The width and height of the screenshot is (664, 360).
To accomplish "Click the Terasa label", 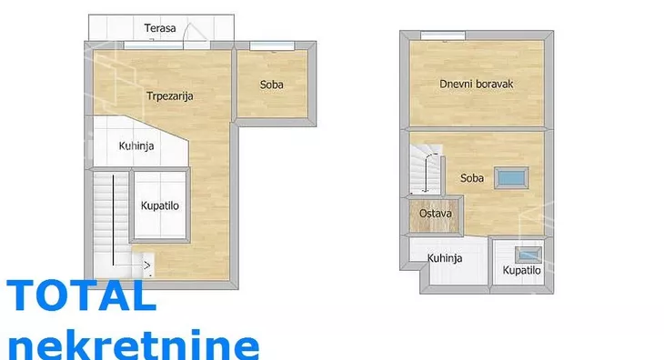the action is pyautogui.click(x=160, y=28).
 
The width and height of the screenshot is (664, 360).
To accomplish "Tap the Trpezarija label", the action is pyautogui.click(x=170, y=96).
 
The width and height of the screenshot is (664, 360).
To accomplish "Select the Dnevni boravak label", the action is pyautogui.click(x=476, y=84).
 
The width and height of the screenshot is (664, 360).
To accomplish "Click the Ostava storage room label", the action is pyautogui.click(x=436, y=214).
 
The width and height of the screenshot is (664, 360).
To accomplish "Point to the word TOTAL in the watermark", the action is pyautogui.click(x=82, y=295).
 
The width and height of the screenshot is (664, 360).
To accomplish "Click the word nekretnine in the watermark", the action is pyautogui.click(x=134, y=345).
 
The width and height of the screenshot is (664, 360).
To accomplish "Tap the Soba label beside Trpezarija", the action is pyautogui.click(x=271, y=85).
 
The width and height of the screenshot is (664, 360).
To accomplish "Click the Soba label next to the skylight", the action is pyautogui.click(x=472, y=177).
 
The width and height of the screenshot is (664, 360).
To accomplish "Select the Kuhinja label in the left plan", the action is pyautogui.click(x=136, y=146).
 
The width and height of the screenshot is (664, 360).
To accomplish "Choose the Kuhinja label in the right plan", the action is pyautogui.click(x=445, y=258).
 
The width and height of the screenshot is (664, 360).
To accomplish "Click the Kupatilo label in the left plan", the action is pyautogui.click(x=160, y=206).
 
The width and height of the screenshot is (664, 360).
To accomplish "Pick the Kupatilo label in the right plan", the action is pyautogui.click(x=521, y=270).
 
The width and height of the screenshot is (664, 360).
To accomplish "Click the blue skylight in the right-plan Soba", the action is pyautogui.click(x=511, y=177).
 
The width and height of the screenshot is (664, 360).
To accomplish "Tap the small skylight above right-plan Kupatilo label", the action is pyautogui.click(x=528, y=255).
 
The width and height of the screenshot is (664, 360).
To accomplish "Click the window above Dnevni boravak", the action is pyautogui.click(x=443, y=36).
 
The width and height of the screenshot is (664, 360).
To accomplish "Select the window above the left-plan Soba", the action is pyautogui.click(x=272, y=46).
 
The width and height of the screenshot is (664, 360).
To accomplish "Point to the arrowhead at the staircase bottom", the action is pyautogui.click(x=147, y=265).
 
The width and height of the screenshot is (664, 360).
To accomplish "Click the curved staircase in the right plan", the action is pyautogui.click(x=427, y=169).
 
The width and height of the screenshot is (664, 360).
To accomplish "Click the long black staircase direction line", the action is pyautogui.click(x=113, y=220).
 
